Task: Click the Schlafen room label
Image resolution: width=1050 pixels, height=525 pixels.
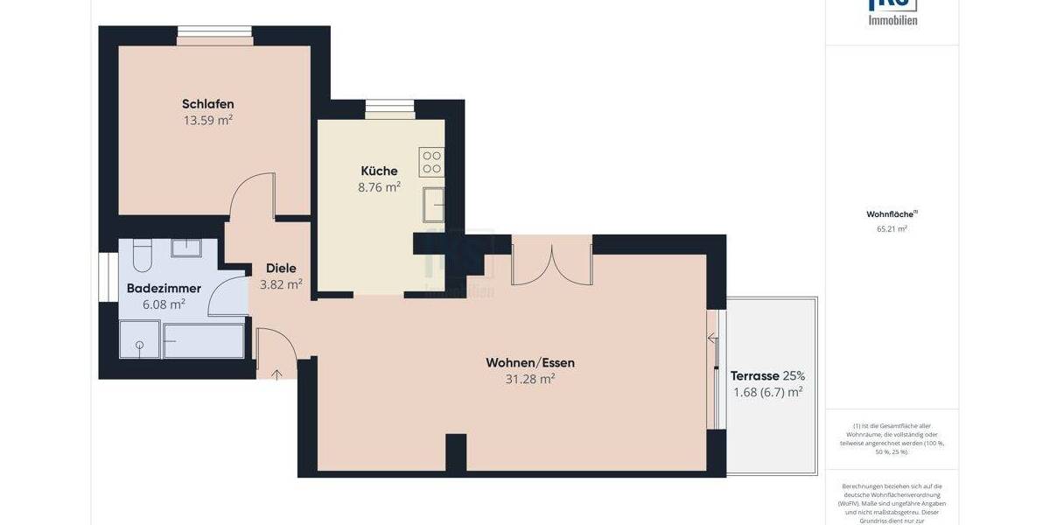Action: pyautogui.click(x=207, y=104)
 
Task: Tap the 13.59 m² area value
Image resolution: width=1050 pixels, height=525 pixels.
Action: pyautogui.click(x=207, y=121)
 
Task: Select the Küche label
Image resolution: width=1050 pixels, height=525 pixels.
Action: pyautogui.click(x=379, y=171)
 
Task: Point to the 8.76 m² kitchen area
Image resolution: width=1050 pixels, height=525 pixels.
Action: pyautogui.click(x=380, y=186)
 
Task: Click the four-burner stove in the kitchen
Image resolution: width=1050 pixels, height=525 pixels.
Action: pyautogui.click(x=431, y=161)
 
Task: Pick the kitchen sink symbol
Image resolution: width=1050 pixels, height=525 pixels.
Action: pyautogui.click(x=432, y=205)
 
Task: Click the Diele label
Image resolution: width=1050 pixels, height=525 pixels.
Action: pyautogui.click(x=281, y=269)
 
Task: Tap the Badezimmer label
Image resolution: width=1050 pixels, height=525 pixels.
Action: pyautogui.click(x=164, y=288)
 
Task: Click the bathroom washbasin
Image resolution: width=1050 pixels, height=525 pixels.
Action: pyautogui.click(x=186, y=248)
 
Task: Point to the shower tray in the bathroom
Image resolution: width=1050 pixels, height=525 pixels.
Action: pyautogui.click(x=140, y=339)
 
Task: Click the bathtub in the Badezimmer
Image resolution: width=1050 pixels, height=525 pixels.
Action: pyautogui.click(x=204, y=340)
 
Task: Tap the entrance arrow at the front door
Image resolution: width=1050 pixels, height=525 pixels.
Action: pyautogui.click(x=277, y=374)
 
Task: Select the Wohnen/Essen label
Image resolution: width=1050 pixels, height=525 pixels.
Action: pyautogui.click(x=530, y=362)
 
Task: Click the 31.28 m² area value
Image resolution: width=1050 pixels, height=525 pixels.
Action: pyautogui.click(x=530, y=379)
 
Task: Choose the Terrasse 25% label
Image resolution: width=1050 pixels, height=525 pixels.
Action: pyautogui.click(x=767, y=375)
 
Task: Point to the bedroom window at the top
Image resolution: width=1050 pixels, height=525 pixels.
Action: pyautogui.click(x=215, y=36)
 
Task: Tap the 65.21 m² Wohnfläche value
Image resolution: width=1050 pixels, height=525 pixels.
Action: pyautogui.click(x=892, y=229)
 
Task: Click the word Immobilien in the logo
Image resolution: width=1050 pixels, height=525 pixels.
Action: pyautogui.click(x=892, y=19)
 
